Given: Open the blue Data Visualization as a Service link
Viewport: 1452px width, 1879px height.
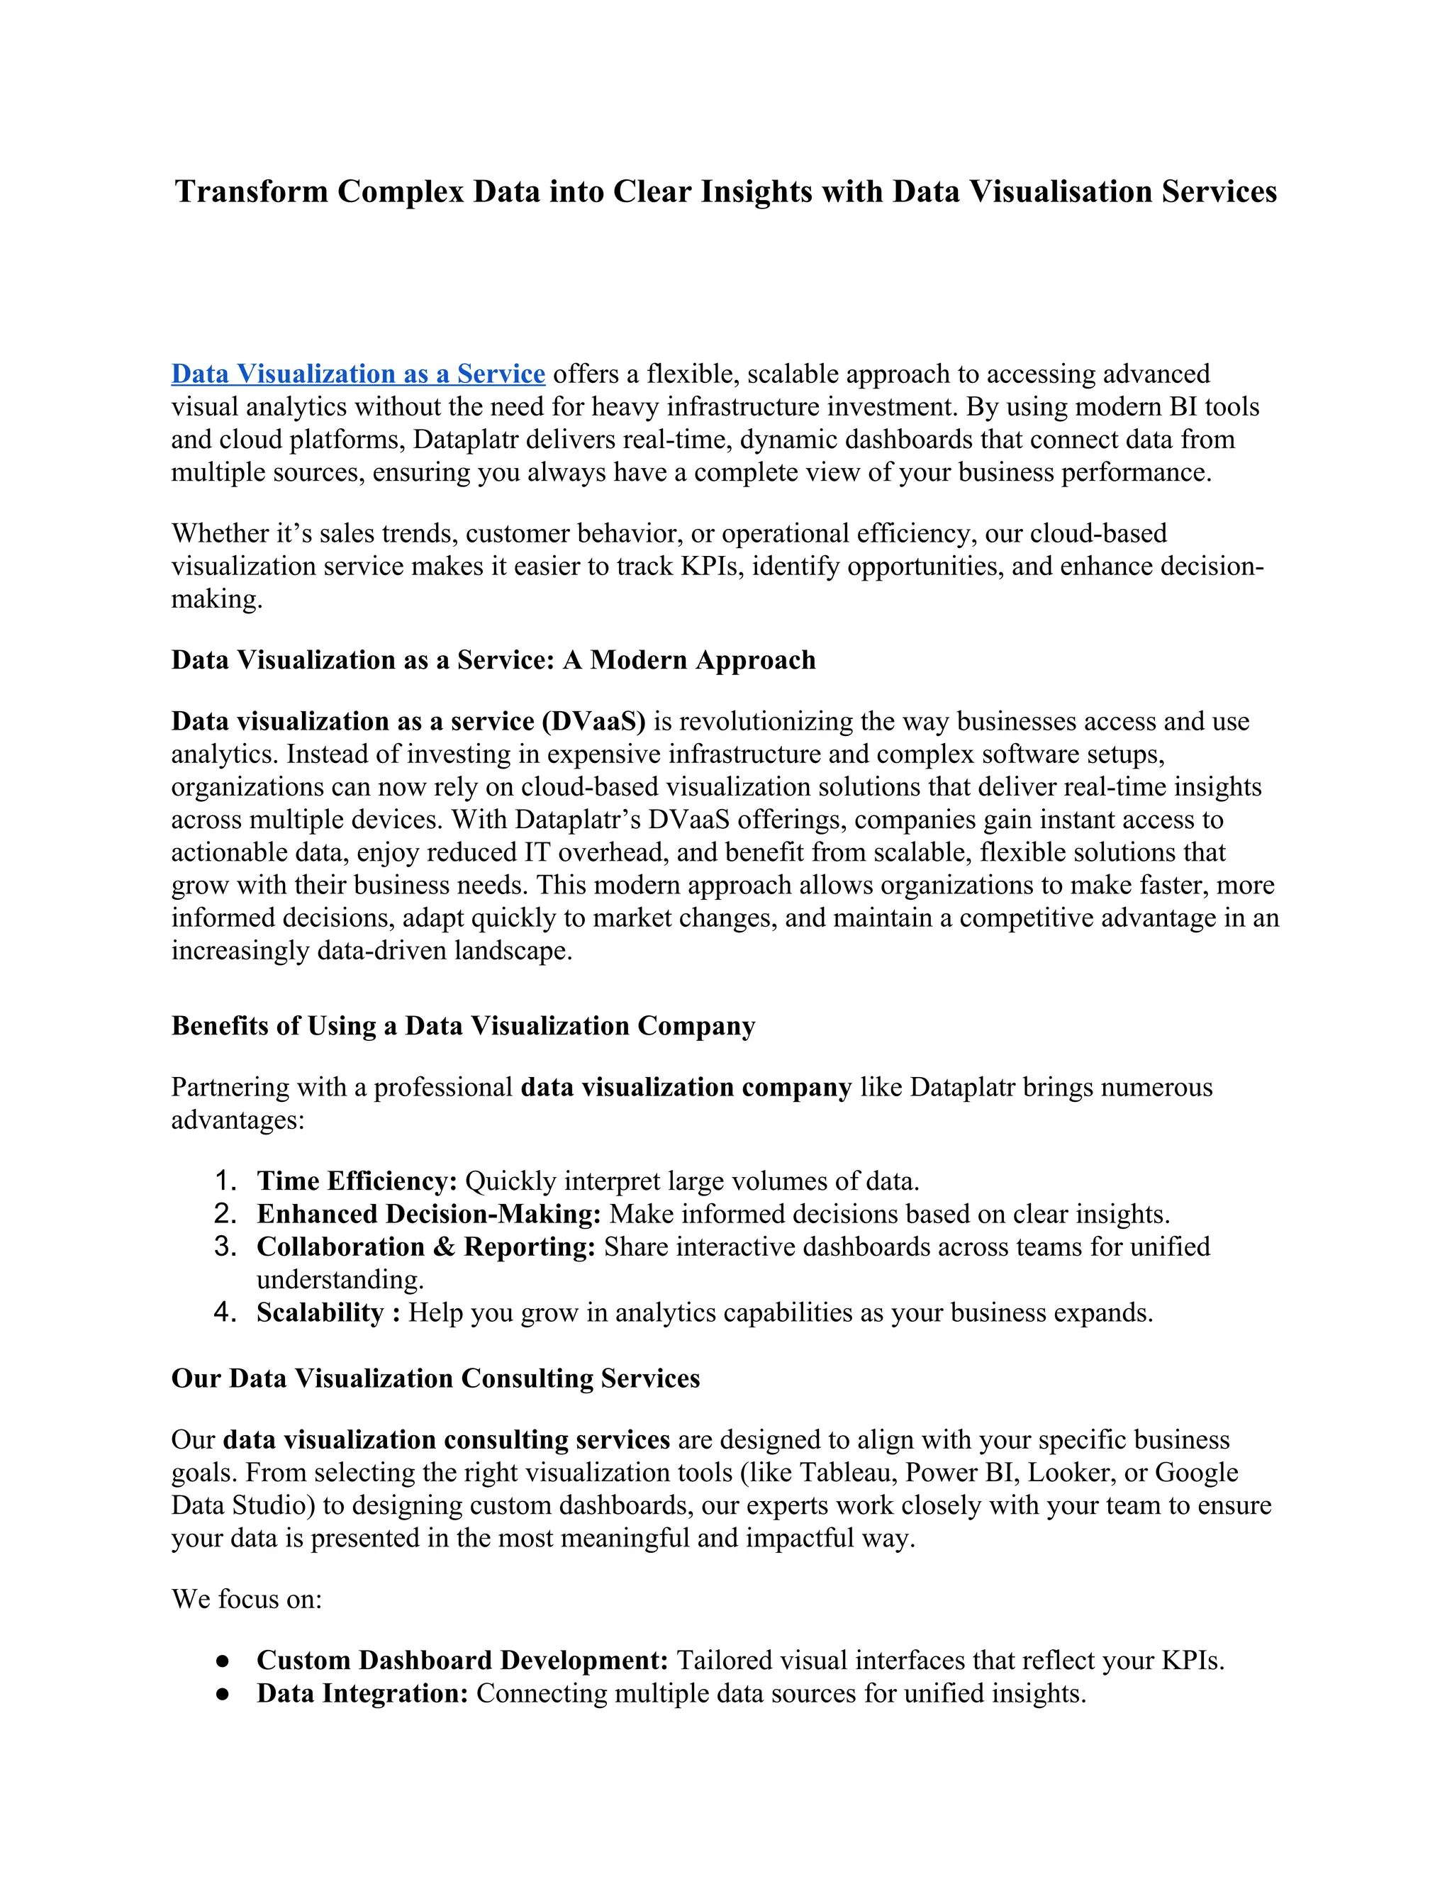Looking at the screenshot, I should pyautogui.click(x=358, y=374).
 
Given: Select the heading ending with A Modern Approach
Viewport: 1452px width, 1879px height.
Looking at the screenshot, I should pyautogui.click(x=493, y=660).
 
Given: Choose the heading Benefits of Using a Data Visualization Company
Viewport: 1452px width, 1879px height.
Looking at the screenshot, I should pyautogui.click(x=463, y=1025).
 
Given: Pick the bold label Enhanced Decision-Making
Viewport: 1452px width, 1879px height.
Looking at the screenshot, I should pyautogui.click(x=428, y=1214).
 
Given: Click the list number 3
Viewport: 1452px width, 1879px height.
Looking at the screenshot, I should pyautogui.click(x=225, y=1247).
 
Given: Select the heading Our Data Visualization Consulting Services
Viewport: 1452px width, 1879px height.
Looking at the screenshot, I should pyautogui.click(x=435, y=1378).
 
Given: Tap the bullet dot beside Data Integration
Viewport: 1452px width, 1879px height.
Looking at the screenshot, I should pyautogui.click(x=223, y=1693).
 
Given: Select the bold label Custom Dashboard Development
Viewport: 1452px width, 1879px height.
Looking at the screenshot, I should pyautogui.click(x=462, y=1660).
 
